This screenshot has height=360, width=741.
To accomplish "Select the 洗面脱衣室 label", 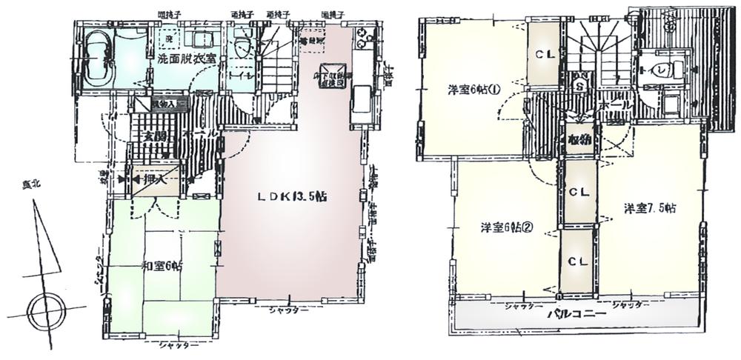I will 186,58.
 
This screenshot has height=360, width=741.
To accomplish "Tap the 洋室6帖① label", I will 473,90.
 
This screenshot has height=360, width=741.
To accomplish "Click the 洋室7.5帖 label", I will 648,208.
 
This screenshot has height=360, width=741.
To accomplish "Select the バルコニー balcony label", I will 576,315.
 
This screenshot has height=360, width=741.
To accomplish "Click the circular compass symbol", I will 47,310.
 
